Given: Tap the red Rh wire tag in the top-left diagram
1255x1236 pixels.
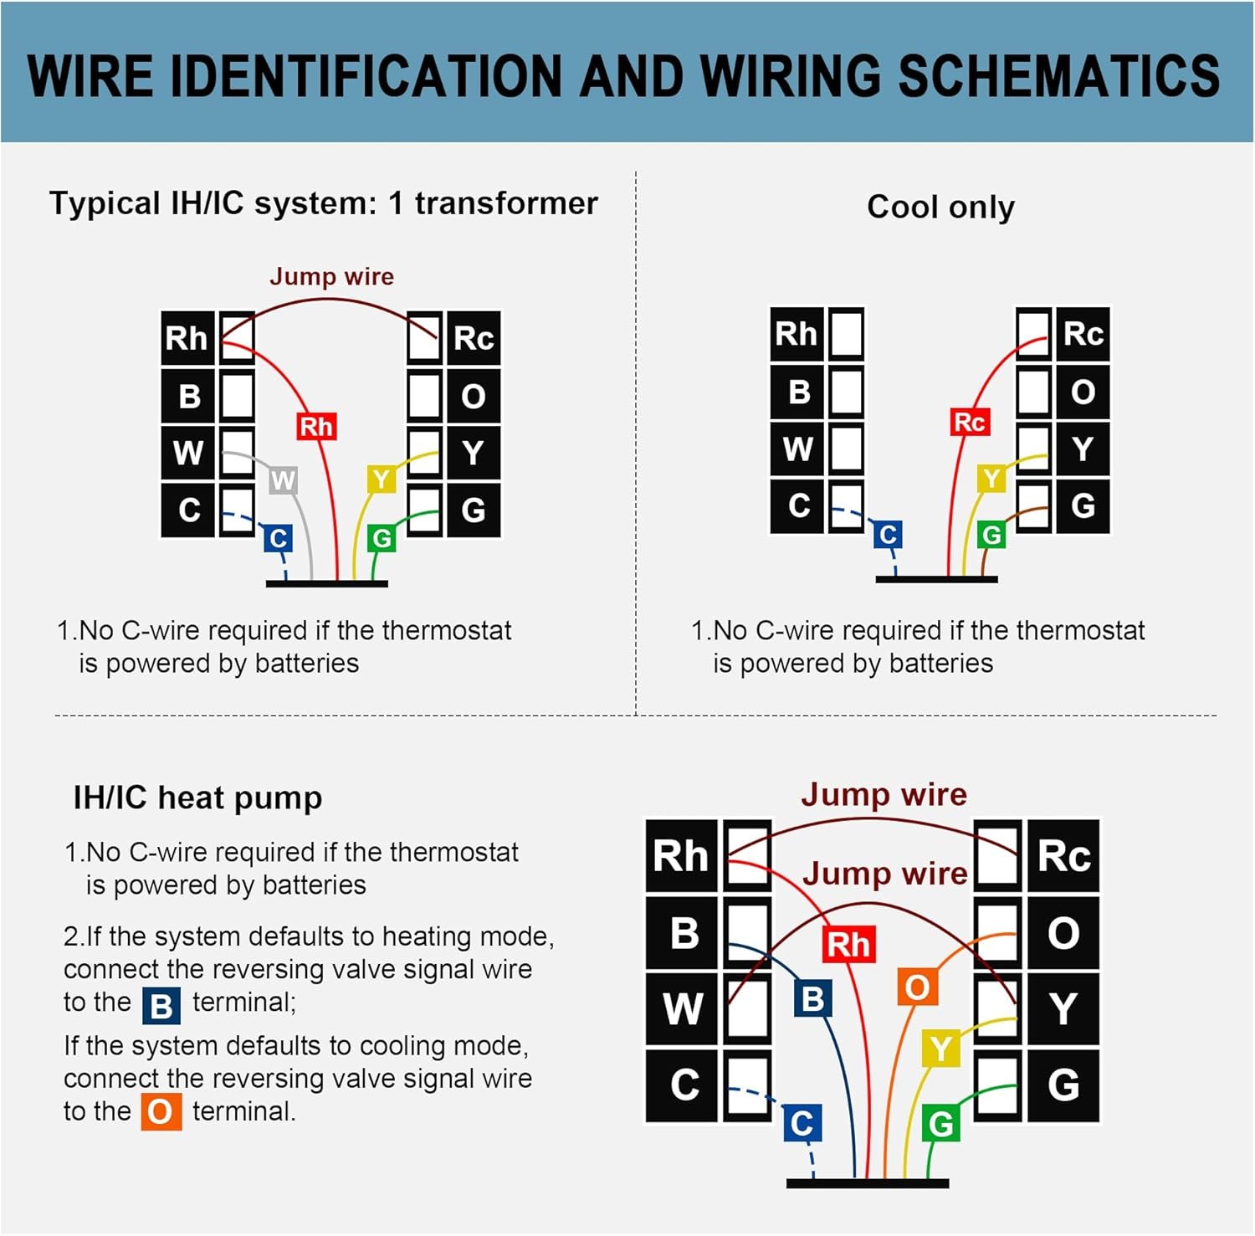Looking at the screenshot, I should (x=316, y=427).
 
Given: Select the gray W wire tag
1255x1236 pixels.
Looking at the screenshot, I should (x=283, y=480).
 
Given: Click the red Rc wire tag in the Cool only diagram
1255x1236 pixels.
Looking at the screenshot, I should (x=969, y=422).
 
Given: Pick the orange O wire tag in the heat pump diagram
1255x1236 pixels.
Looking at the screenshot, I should (x=917, y=987).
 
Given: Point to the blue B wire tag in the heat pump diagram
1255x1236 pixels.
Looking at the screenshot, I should (x=812, y=999).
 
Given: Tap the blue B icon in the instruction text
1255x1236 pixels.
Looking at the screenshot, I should (x=161, y=1005).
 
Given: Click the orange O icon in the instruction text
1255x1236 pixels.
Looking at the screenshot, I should (x=161, y=1112).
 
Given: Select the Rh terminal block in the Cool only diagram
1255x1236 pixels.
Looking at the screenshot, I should (x=796, y=334).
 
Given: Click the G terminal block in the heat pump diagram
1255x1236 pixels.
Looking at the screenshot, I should (x=1063, y=1085).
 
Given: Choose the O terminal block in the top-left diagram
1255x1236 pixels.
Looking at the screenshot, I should (x=474, y=396).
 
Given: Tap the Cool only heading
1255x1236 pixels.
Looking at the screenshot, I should (x=940, y=207).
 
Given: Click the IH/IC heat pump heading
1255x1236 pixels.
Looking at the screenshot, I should (x=197, y=798).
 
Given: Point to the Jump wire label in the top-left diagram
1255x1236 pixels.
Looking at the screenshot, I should (x=331, y=276).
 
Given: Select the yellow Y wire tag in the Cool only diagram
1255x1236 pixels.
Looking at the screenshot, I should (x=991, y=479).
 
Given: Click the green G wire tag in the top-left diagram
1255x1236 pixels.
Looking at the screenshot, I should (x=382, y=538).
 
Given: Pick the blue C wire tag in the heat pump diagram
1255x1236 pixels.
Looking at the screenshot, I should (x=802, y=1123).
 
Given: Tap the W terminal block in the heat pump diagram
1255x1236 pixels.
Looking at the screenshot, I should (x=682, y=1008).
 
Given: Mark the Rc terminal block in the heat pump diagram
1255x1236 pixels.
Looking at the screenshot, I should (x=1063, y=856).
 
